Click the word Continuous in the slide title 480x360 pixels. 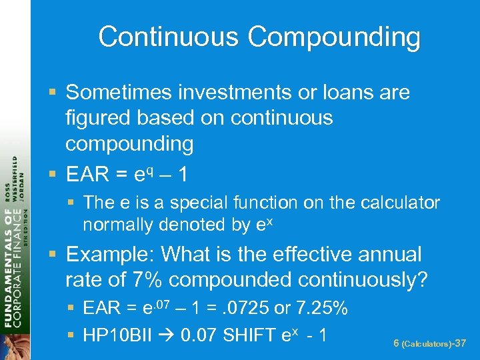pyautogui.click(x=169, y=37)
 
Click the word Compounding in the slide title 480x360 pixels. pyautogui.click(x=334, y=39)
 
